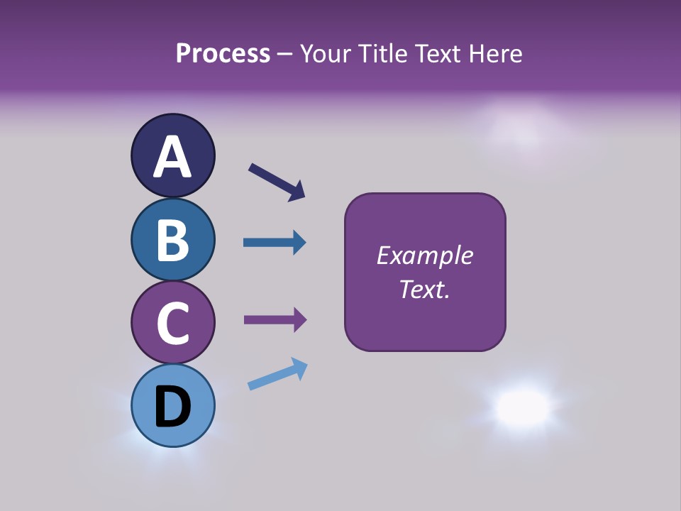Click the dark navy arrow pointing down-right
[x=277, y=182]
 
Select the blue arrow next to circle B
[x=275, y=243]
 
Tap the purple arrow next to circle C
[x=275, y=320]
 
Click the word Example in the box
[x=424, y=255]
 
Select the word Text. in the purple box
[x=424, y=289]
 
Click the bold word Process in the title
[x=223, y=53]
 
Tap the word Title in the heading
[x=380, y=53]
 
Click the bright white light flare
[x=523, y=406]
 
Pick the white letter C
[x=172, y=324]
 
